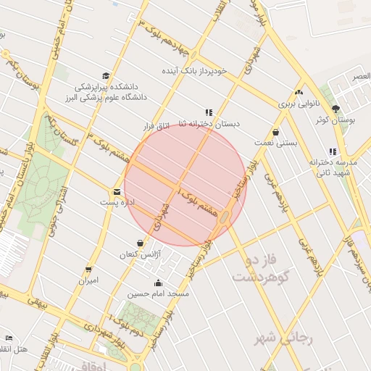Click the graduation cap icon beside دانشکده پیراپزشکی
pyautogui.click(x=106, y=75)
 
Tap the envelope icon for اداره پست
pyautogui.click(x=116, y=192)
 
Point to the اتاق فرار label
pyautogui.click(x=154, y=125)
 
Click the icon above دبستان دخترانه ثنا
pyautogui.click(x=209, y=112)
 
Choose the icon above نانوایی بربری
pyautogui.click(x=299, y=93)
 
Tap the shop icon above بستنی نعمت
pyautogui.click(x=275, y=133)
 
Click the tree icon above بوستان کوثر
pyautogui.click(x=335, y=108)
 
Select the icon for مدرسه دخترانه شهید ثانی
pyautogui.click(x=333, y=151)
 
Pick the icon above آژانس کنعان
pyautogui.click(x=140, y=243)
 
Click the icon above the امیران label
pyautogui.click(x=88, y=269)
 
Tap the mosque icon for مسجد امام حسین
pyautogui.click(x=158, y=283)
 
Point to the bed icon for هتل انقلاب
pyautogui.click(x=9, y=338)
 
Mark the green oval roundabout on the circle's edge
pyautogui.click(x=225, y=216)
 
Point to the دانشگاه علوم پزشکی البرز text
pyautogui.click(x=108, y=96)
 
